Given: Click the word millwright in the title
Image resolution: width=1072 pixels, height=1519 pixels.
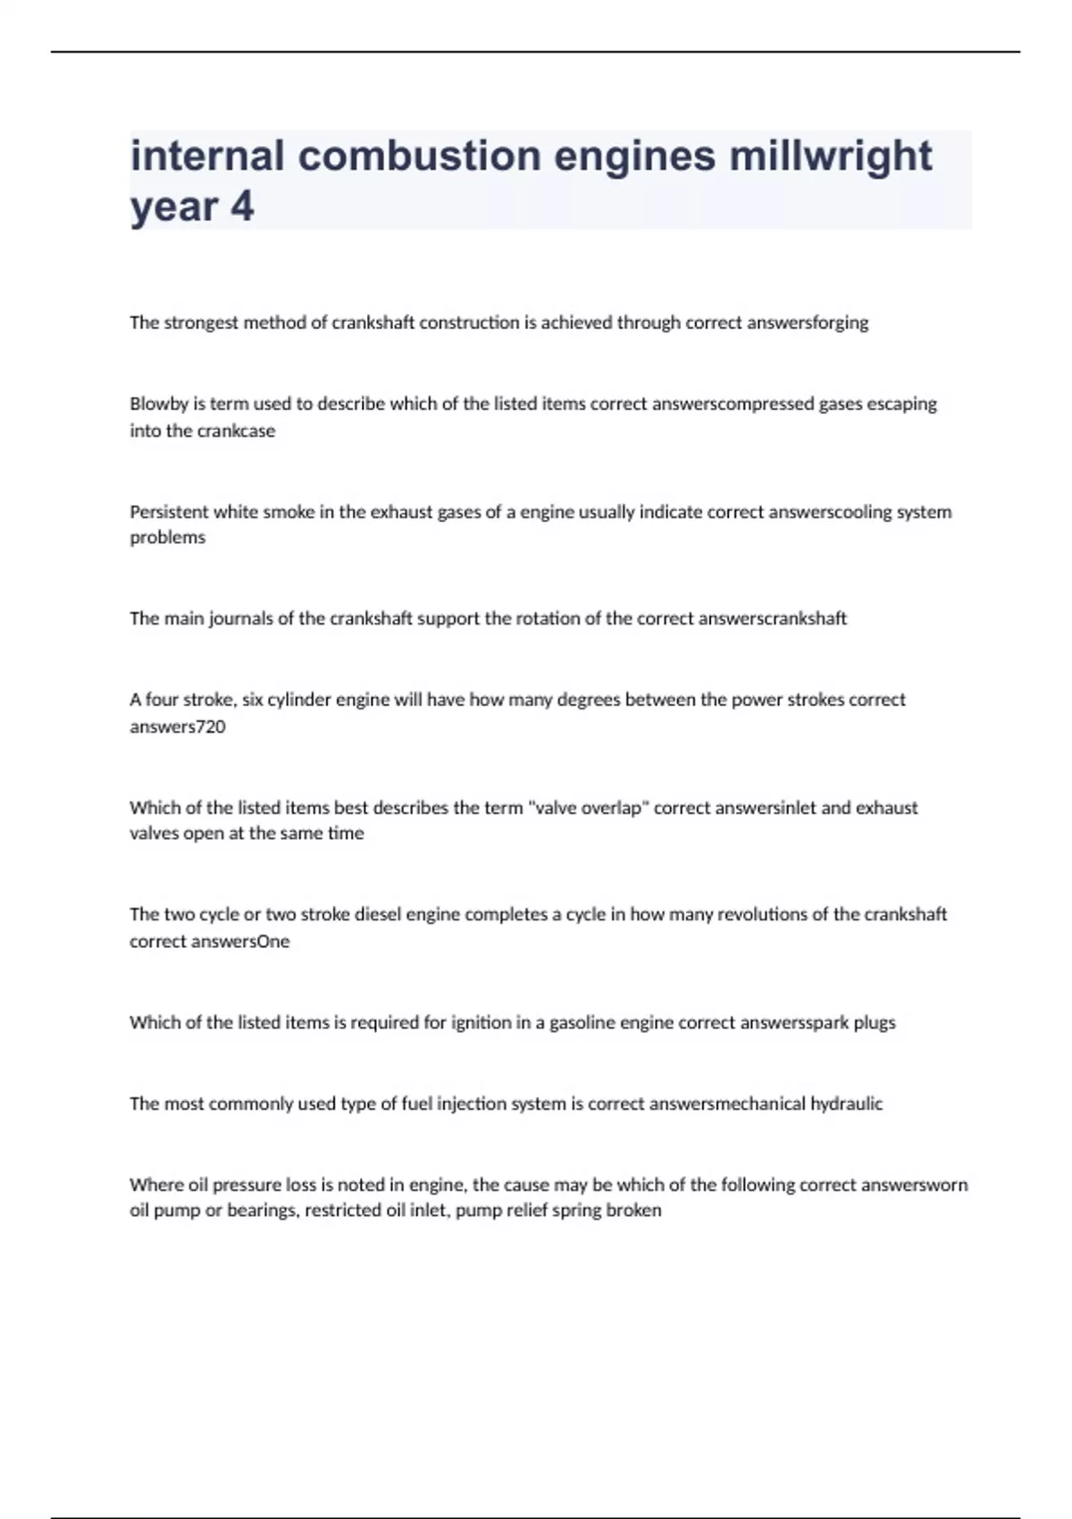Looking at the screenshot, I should pos(830,156).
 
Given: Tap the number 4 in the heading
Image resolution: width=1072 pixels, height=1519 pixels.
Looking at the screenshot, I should pos(242,207).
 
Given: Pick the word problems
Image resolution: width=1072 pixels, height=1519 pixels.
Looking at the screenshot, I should pos(168,538).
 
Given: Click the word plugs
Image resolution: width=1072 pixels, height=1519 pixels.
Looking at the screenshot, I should pos(874,1022).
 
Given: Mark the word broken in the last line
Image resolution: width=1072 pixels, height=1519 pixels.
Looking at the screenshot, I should pos(633,1211).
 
